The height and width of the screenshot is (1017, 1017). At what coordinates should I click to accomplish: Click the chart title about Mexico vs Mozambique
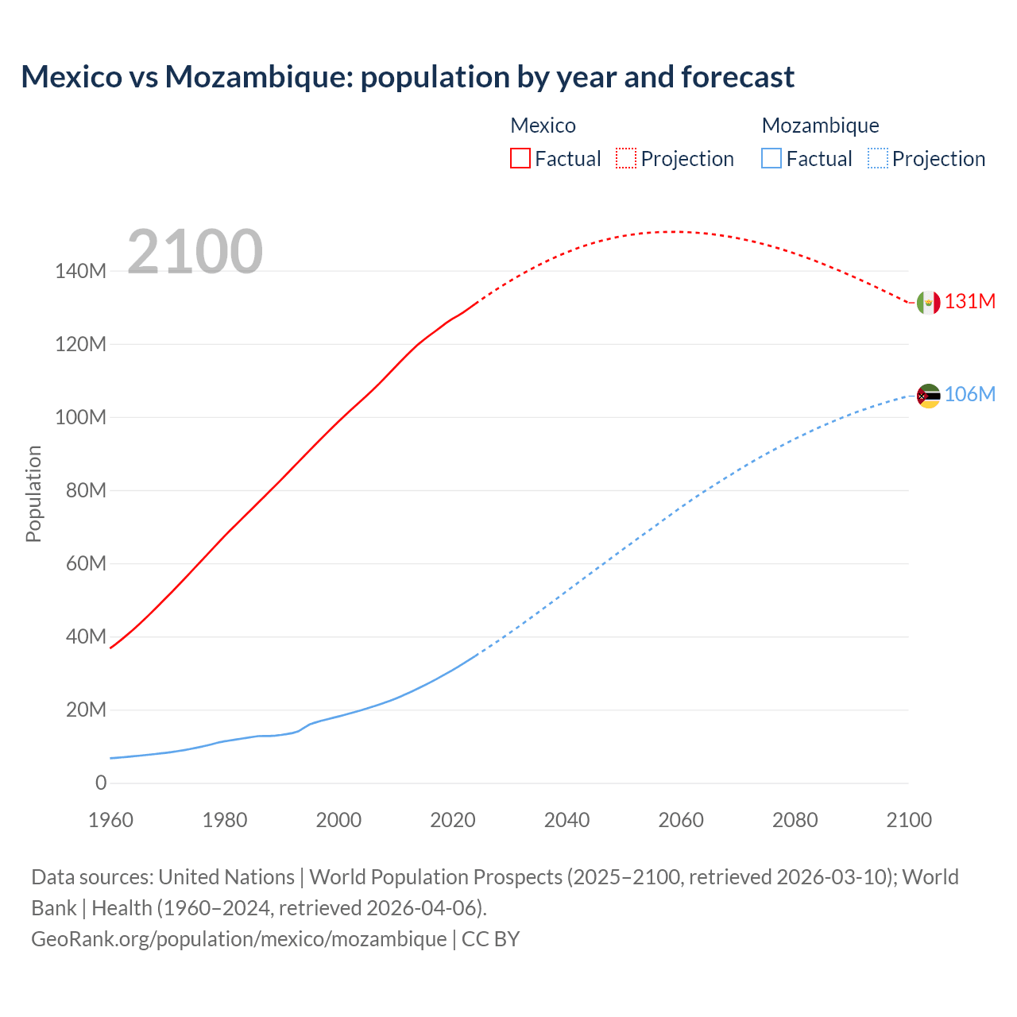408,77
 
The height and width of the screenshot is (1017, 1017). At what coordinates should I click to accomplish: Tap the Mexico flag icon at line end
928,303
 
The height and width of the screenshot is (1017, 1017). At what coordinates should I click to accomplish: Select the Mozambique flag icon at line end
928,396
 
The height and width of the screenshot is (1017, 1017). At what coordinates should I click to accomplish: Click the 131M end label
969,302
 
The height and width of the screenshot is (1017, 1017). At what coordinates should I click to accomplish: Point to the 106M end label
969,395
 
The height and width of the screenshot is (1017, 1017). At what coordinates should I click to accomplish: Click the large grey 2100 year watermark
195,252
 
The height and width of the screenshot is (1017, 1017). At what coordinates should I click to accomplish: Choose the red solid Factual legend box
520,159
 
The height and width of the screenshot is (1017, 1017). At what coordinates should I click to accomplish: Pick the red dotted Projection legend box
626,159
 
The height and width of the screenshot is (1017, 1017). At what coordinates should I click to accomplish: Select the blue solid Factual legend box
771,159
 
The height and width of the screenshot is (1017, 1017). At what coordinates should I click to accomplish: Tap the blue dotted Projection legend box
877,159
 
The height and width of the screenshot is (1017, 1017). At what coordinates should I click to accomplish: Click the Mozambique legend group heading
820,126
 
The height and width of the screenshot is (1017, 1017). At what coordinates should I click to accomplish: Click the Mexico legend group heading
543,126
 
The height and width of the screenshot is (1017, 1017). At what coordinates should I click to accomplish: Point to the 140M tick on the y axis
80,272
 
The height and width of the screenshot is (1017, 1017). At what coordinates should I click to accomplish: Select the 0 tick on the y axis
101,783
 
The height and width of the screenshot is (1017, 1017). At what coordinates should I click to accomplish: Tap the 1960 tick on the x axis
110,821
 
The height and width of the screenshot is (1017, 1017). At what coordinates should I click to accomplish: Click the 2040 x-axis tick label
567,821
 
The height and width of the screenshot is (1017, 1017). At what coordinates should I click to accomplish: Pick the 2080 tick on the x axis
795,821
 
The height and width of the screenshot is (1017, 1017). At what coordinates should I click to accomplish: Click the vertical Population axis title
33,494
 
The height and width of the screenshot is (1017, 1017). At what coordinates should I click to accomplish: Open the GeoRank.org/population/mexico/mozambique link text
238,939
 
